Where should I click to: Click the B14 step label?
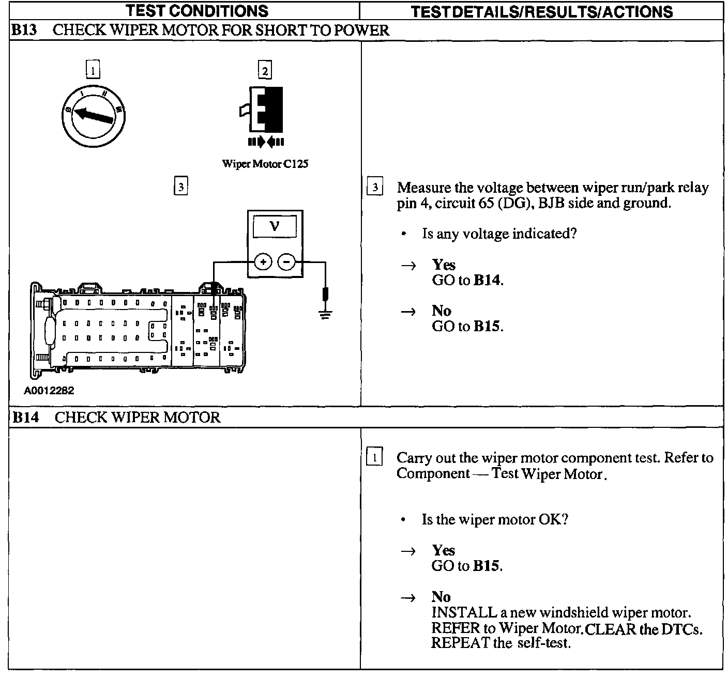(x=25, y=417)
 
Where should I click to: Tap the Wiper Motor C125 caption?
(x=265, y=164)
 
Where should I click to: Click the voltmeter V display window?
(x=275, y=226)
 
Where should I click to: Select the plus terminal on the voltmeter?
(x=263, y=262)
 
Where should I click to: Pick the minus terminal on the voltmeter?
(x=286, y=262)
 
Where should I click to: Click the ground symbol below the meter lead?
(x=325, y=314)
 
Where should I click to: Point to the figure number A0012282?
(x=49, y=391)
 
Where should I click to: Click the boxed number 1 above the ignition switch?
(x=93, y=70)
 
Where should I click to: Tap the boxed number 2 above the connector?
(x=265, y=70)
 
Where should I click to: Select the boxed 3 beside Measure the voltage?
(x=375, y=187)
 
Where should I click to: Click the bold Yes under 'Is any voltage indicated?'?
(x=444, y=265)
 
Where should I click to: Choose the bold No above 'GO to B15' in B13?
(x=442, y=311)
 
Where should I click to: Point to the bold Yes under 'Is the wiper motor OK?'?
(x=444, y=550)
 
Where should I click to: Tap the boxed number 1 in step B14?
(x=374, y=457)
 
